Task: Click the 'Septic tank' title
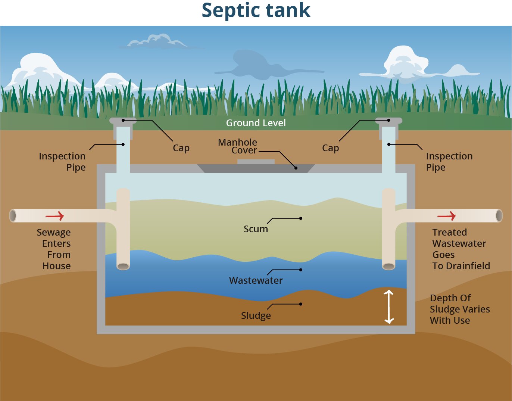click(x=256, y=10)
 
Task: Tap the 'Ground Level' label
click(x=256, y=123)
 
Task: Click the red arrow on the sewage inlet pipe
click(x=54, y=216)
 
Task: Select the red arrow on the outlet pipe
click(x=446, y=216)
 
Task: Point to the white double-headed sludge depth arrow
click(x=389, y=307)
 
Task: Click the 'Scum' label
click(x=256, y=229)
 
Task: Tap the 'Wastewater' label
click(x=256, y=280)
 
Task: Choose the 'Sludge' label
click(x=256, y=315)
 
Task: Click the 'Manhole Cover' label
click(x=237, y=146)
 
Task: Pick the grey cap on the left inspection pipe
click(x=123, y=121)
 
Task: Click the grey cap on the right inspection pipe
click(x=389, y=121)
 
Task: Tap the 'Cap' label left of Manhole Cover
click(x=181, y=148)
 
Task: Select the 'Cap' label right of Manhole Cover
click(x=331, y=148)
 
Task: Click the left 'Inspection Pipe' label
click(x=62, y=162)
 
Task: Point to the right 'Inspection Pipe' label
click(x=449, y=162)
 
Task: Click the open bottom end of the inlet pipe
click(x=123, y=266)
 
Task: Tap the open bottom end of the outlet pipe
click(x=389, y=266)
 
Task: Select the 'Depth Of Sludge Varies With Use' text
click(x=460, y=309)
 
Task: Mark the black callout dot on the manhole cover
click(x=296, y=168)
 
